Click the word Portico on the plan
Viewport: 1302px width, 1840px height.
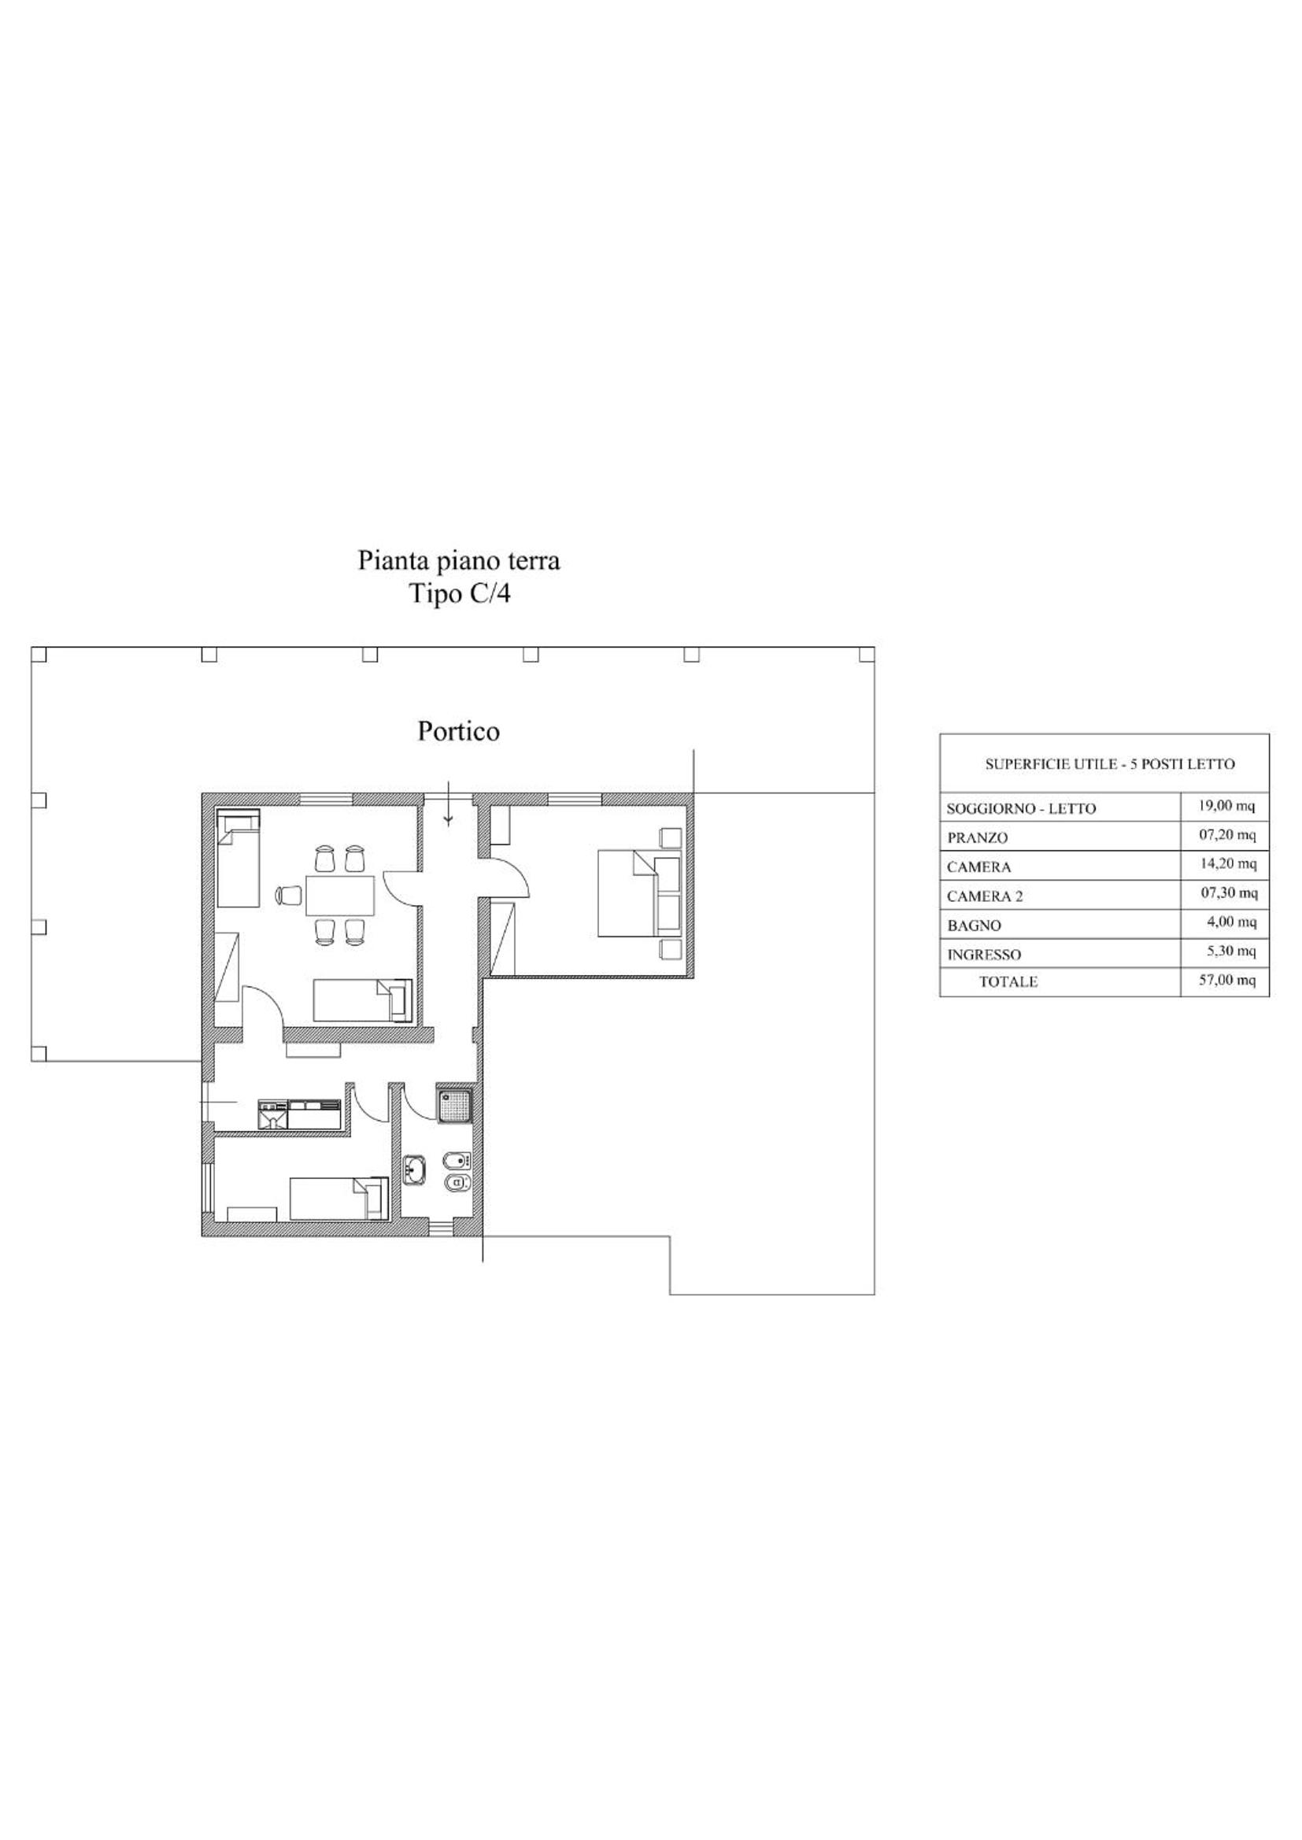pos(459,732)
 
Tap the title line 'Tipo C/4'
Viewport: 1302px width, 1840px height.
pos(460,595)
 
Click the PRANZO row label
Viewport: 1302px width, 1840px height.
pos(978,837)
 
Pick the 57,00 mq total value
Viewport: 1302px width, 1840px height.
pos(1226,980)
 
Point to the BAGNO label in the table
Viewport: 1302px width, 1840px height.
pos(973,926)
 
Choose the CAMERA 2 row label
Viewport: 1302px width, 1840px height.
pos(985,896)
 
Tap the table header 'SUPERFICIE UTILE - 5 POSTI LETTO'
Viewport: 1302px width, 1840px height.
pos(1110,764)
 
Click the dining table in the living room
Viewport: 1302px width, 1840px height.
pos(340,895)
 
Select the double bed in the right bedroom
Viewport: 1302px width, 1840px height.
pos(640,893)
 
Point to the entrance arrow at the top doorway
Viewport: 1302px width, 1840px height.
pos(448,803)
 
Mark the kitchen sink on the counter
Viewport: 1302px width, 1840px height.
pos(273,1114)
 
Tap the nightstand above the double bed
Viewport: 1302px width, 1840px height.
pos(670,837)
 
